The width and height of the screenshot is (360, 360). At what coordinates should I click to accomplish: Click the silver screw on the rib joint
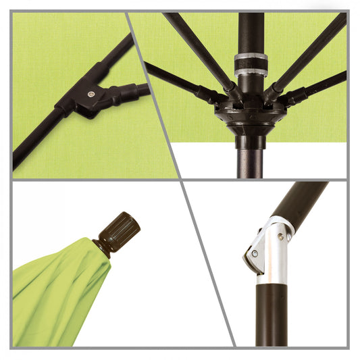[91, 97]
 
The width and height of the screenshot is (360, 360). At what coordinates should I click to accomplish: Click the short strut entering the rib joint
[132, 90]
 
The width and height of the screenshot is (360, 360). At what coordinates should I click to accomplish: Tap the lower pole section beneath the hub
[251, 159]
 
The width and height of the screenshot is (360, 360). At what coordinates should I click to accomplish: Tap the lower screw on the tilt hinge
[255, 255]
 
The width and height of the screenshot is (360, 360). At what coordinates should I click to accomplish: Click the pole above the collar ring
[251, 30]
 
